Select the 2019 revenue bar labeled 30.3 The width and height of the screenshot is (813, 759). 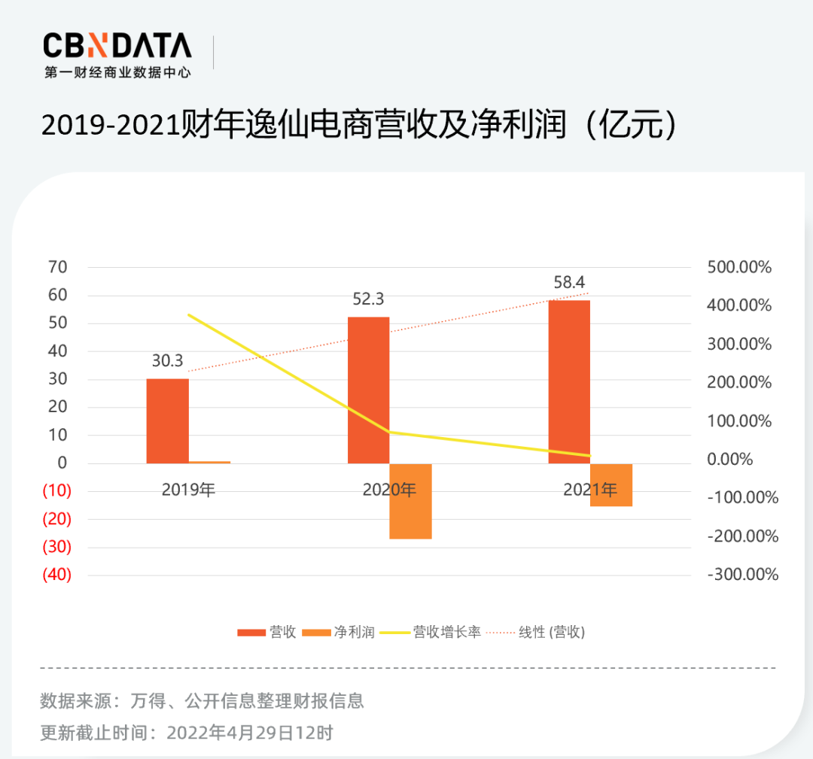(x=167, y=421)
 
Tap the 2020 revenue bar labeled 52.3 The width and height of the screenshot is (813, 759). (x=369, y=390)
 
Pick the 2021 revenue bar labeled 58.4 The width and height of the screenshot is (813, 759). (x=569, y=381)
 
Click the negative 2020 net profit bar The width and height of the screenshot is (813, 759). (x=411, y=501)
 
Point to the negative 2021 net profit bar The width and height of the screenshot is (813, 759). (x=611, y=485)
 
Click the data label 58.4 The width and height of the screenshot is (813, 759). (x=569, y=283)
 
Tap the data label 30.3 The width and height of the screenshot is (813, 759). (x=167, y=361)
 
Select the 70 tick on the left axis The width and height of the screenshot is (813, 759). (x=58, y=267)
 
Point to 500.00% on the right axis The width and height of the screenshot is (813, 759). (x=739, y=267)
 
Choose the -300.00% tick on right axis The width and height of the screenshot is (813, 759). (x=742, y=575)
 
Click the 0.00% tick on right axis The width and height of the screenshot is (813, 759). (x=732, y=459)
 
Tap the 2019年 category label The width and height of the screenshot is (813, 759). (x=188, y=490)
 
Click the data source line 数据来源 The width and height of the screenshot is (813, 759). (x=202, y=701)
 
